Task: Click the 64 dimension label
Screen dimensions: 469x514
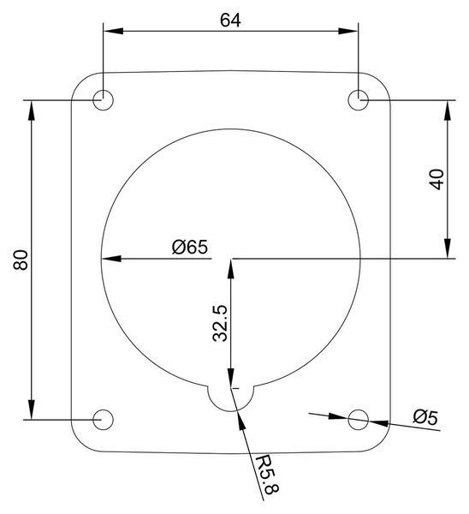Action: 230,21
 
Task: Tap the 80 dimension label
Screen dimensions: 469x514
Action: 21,260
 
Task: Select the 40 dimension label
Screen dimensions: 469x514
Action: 436,179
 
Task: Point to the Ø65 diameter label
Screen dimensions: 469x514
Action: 190,247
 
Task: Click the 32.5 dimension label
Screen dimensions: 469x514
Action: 220,323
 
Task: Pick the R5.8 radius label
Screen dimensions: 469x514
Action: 267,474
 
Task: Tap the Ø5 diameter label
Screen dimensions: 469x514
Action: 425,417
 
